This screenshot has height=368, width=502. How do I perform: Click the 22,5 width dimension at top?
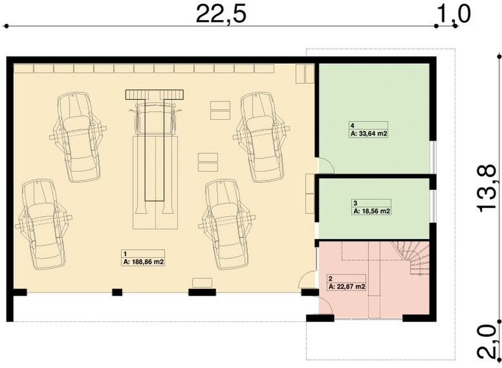tap(221, 14)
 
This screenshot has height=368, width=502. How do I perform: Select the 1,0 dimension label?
tap(454, 13)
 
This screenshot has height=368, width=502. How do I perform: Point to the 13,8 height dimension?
tap(487, 188)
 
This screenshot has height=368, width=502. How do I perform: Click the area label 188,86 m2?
tap(143, 262)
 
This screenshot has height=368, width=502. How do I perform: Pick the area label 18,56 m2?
tap(371, 211)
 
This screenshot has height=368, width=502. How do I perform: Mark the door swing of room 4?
tap(325, 166)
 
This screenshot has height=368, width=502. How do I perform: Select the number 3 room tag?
tap(355, 203)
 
